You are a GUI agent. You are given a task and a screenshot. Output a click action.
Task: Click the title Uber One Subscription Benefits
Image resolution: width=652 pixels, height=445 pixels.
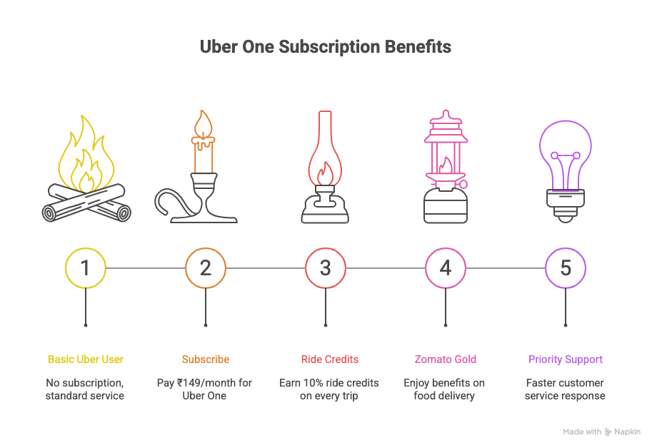pyautogui.click(x=325, y=47)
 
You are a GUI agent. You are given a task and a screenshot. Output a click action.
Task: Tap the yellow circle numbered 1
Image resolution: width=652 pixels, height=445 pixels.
pyautogui.click(x=86, y=268)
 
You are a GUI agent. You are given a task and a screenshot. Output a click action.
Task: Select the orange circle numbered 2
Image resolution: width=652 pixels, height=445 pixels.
pyautogui.click(x=206, y=268)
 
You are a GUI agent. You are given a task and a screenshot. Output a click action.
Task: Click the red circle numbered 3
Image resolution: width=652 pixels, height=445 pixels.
pyautogui.click(x=326, y=268)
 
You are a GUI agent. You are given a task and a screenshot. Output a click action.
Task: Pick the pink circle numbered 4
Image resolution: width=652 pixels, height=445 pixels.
pyautogui.click(x=446, y=268)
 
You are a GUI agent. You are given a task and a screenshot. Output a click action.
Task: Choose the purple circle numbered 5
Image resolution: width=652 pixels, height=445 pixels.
pyautogui.click(x=566, y=268)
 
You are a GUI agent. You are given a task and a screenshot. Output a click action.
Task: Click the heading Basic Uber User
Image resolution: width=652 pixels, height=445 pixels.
pyautogui.click(x=85, y=359)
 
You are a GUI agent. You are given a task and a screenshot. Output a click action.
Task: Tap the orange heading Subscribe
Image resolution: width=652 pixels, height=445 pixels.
pyautogui.click(x=206, y=359)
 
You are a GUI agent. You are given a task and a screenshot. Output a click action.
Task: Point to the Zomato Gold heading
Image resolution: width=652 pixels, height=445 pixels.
pyautogui.click(x=446, y=359)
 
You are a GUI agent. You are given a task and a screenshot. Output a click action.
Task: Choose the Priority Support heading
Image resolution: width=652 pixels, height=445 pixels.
pyautogui.click(x=566, y=359)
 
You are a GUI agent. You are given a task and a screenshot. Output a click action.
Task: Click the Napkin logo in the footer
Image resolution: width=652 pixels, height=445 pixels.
pyautogui.click(x=623, y=431)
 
